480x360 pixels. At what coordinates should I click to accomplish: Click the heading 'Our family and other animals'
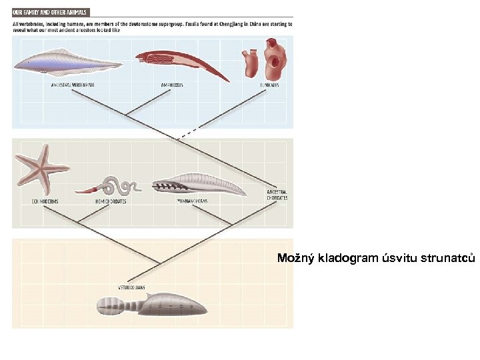point(50,12)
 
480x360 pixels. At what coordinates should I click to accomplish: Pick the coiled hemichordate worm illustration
point(117,185)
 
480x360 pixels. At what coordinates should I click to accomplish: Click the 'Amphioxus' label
point(172,86)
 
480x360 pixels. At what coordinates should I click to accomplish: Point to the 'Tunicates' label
point(269,86)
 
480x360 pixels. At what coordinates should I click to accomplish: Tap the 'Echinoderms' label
point(45,201)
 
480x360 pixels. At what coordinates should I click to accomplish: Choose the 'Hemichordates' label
point(111,201)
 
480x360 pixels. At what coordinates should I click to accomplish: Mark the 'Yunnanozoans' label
point(193,201)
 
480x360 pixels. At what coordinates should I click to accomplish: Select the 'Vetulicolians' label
point(131,287)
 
